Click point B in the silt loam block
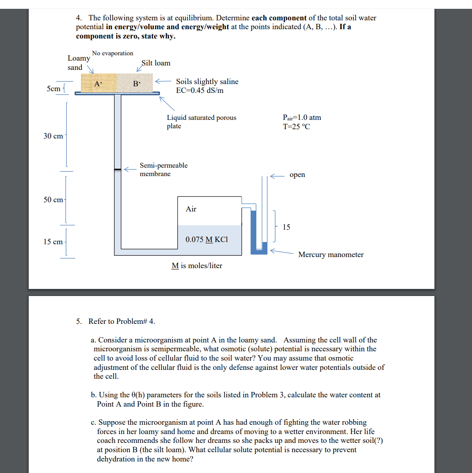[x=137, y=83]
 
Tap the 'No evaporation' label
[x=112, y=53]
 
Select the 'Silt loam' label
[x=156, y=63]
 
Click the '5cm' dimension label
[x=53, y=88]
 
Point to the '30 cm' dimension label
[x=53, y=136]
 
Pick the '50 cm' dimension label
[x=53, y=200]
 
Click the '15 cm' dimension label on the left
[x=53, y=242]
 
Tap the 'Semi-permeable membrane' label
[x=164, y=169]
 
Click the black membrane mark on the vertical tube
[x=118, y=169]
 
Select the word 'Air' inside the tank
[x=191, y=209]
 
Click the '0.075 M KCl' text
[x=207, y=239]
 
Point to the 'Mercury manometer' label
[x=331, y=254]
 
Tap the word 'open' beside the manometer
[x=297, y=175]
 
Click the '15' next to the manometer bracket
[x=286, y=227]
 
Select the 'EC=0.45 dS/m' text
[x=200, y=90]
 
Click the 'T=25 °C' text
[x=296, y=127]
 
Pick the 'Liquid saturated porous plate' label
[x=201, y=122]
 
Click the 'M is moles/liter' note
[x=197, y=265]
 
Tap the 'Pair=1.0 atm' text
[x=301, y=118]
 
